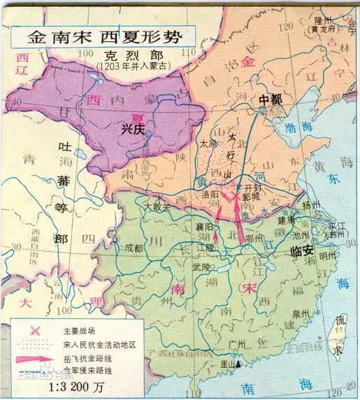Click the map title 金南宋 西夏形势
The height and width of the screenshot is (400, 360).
tap(104, 36)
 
